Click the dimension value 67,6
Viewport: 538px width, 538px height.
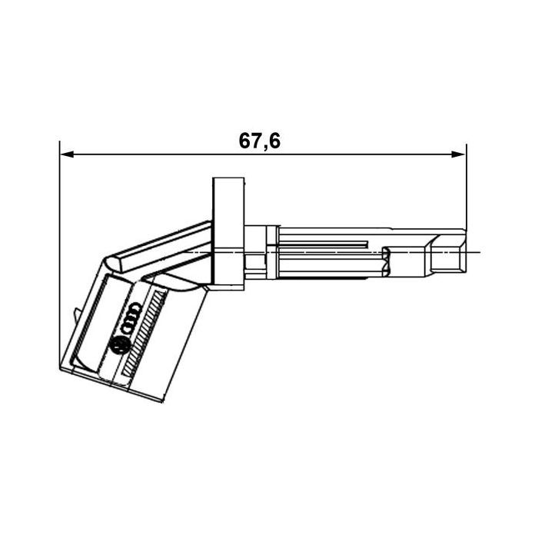point(260,141)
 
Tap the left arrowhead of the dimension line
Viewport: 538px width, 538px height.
point(65,154)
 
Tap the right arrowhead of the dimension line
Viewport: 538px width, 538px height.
point(460,154)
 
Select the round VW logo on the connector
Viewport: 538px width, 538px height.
point(121,346)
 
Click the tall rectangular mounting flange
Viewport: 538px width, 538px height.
point(229,231)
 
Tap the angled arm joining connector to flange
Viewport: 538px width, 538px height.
point(165,246)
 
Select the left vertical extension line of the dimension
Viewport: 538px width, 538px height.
point(59,231)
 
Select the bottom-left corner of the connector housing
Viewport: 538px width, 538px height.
point(59,368)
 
